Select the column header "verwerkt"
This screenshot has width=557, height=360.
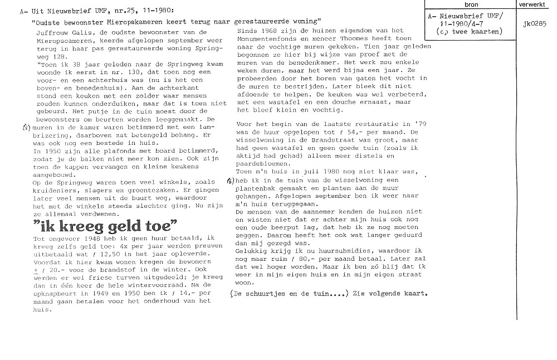click(531, 4)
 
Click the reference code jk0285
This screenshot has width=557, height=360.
click(535, 24)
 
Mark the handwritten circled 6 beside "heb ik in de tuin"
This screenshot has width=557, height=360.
click(230, 181)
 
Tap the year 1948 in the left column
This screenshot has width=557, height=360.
click(86, 238)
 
